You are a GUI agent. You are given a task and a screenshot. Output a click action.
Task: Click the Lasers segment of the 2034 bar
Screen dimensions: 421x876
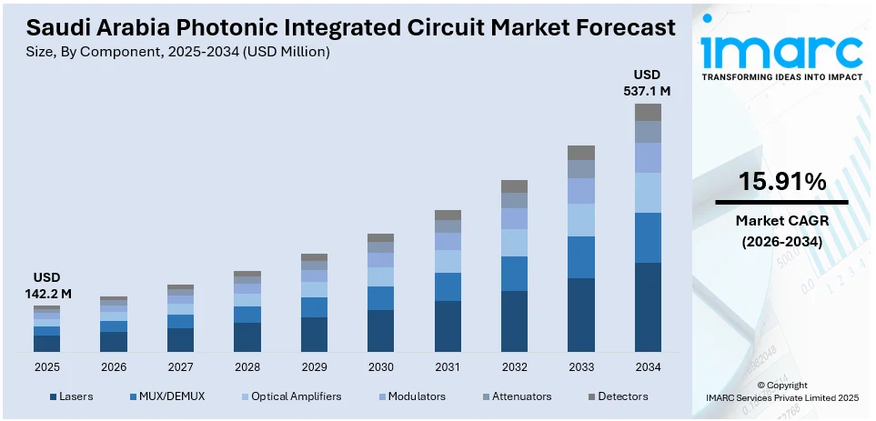(648, 306)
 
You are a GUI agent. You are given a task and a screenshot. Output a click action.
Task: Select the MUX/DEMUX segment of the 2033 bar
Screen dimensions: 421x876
(580, 256)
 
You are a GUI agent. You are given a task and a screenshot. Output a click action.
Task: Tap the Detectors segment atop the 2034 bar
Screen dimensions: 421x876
(648, 112)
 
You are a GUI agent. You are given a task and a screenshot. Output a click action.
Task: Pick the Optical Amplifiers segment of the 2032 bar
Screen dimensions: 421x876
(514, 242)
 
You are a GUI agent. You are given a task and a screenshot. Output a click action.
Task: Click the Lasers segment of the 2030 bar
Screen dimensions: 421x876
(380, 330)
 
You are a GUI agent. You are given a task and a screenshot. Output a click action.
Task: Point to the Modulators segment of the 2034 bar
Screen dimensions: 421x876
(648, 157)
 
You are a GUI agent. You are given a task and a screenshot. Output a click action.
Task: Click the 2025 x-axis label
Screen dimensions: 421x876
(46, 366)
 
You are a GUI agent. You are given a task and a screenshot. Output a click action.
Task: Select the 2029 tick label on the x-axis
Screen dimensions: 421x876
(314, 366)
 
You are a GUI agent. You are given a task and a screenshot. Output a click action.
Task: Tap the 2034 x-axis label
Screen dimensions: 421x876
(648, 366)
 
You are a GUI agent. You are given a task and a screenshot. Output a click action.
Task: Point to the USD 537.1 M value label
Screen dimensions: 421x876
(648, 83)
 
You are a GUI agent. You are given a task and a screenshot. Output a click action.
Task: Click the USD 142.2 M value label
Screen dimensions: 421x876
(46, 286)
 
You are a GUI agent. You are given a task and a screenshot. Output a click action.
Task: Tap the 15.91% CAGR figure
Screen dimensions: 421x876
(781, 181)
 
